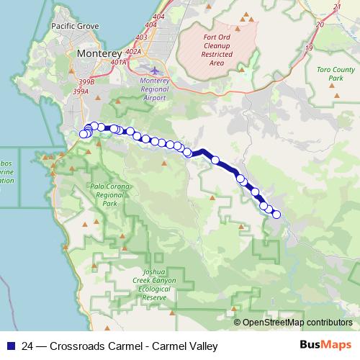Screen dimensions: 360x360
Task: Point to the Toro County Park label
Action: click(x=336, y=73)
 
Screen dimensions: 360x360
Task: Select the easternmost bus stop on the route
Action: click(x=276, y=214)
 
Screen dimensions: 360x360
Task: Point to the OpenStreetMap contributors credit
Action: click(x=297, y=323)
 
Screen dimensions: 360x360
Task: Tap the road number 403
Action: click(x=140, y=37)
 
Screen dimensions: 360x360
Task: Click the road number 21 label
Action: click(x=337, y=6)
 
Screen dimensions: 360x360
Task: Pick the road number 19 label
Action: click(x=309, y=48)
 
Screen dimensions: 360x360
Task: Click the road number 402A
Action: click(x=133, y=52)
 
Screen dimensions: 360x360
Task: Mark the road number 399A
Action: click(x=80, y=91)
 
